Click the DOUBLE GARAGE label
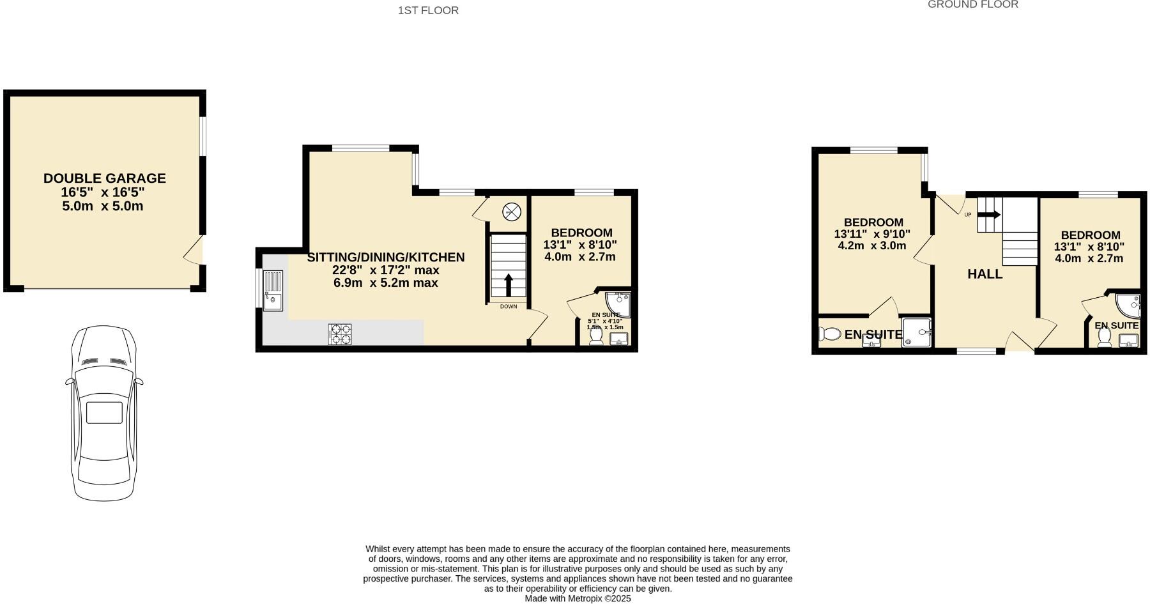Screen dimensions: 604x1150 105,178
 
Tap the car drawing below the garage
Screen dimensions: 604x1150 104,413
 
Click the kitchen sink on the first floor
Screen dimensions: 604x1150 273,291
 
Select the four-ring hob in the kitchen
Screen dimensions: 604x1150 340,334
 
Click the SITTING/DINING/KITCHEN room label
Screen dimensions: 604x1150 386,257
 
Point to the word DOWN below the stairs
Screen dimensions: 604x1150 509,307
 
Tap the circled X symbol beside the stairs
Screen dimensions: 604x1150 512,212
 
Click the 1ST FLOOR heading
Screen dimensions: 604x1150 428,10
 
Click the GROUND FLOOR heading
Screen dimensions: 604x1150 972,4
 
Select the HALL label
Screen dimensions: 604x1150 985,274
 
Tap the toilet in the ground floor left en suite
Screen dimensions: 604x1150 830,334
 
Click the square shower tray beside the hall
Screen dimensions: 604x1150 917,333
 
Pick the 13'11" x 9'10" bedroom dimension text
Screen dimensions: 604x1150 872,234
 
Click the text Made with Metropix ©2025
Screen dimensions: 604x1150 578,598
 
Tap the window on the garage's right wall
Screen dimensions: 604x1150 203,135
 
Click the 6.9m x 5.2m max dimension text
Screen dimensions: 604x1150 386,283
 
